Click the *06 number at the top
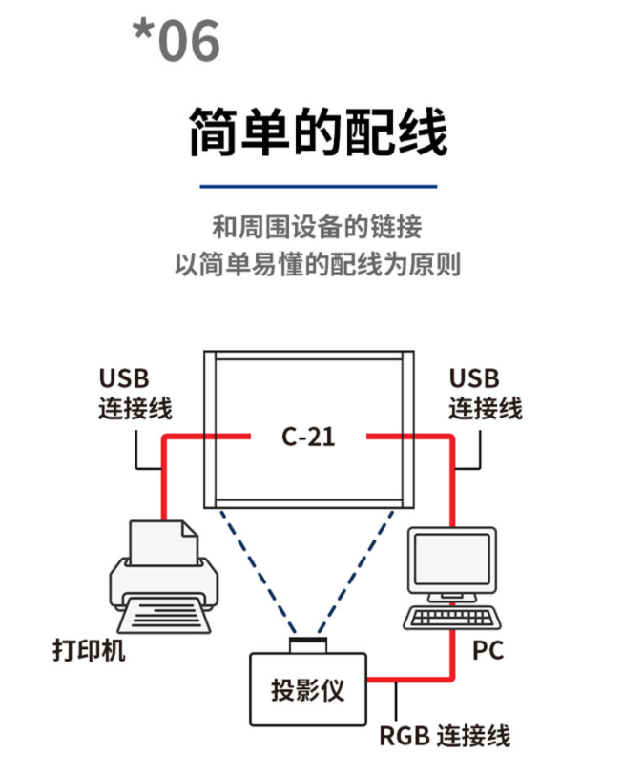coord(177,41)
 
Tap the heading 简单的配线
coord(318,131)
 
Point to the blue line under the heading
coord(318,187)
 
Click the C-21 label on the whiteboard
coord(309,438)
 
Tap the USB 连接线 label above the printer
coord(135,394)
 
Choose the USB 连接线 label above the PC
coord(486,394)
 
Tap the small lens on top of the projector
coord(308,644)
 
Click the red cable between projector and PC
coord(410,680)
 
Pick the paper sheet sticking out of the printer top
coord(163,540)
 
